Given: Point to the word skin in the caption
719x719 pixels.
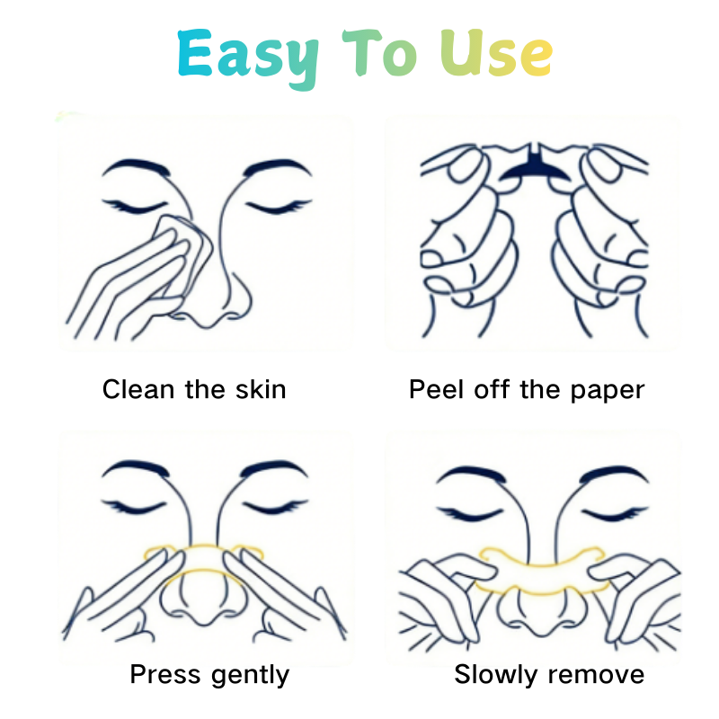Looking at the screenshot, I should (x=261, y=389).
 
